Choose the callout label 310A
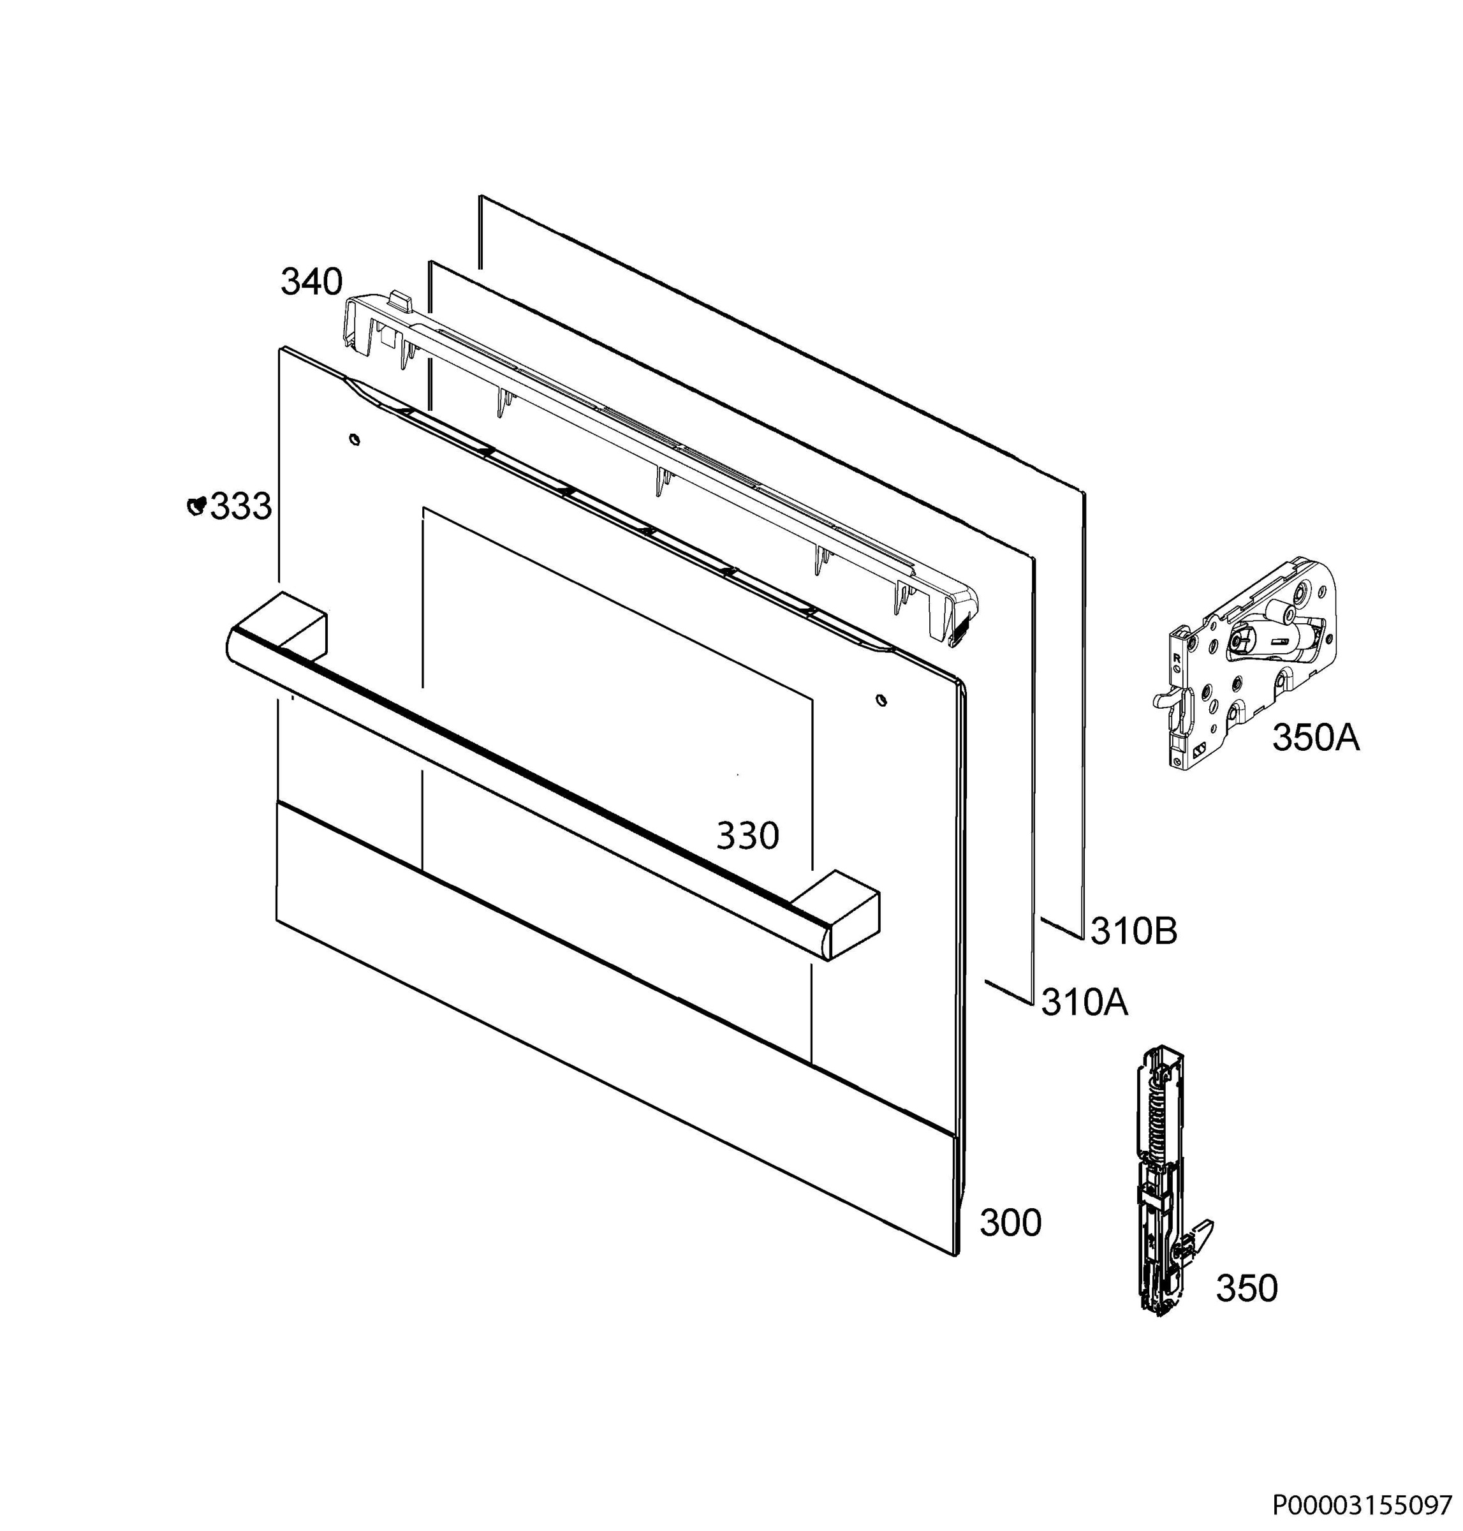click(x=1085, y=1002)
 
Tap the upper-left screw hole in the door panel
click(x=355, y=440)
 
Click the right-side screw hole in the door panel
click(x=881, y=700)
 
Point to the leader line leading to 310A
click(x=1010, y=992)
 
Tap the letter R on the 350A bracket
click(x=1177, y=658)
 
